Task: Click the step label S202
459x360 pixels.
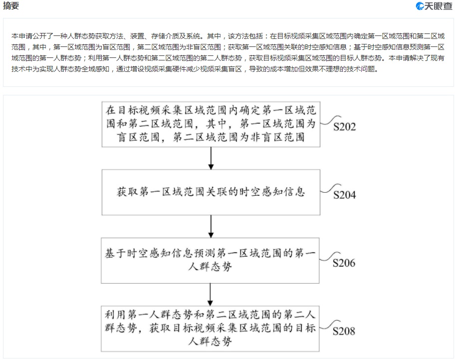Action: pyautogui.click(x=345, y=127)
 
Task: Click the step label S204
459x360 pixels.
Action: pyautogui.click(x=345, y=195)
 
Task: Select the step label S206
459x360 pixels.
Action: pyautogui.click(x=344, y=263)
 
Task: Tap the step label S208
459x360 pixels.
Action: pyautogui.click(x=344, y=331)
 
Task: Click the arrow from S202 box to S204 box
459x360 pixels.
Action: pyautogui.click(x=211, y=158)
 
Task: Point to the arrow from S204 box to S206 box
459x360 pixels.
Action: pyautogui.click(x=211, y=226)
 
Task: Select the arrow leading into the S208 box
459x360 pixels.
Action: pyautogui.click(x=210, y=295)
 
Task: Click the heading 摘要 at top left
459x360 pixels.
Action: pyautogui.click(x=11, y=5)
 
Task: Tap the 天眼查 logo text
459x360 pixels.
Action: pyautogui.click(x=439, y=6)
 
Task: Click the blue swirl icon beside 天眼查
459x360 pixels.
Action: pyautogui.click(x=420, y=6)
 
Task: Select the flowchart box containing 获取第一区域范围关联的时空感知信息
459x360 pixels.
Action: pyautogui.click(x=211, y=192)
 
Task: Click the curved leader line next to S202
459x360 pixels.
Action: pyautogui.click(x=330, y=121)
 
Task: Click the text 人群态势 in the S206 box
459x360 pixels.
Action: pyautogui.click(x=210, y=266)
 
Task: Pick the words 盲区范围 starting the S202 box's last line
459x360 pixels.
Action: pyautogui.click(x=138, y=137)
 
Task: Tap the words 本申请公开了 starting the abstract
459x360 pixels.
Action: pyautogui.click(x=32, y=36)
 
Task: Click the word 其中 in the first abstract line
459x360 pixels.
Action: pyautogui.click(x=214, y=36)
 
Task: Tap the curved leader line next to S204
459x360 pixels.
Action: pyautogui.click(x=330, y=189)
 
